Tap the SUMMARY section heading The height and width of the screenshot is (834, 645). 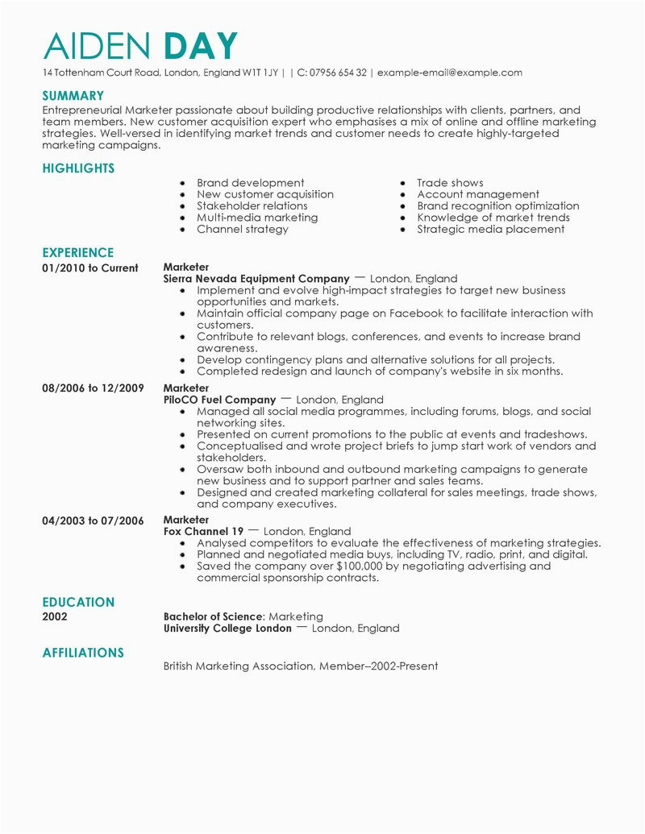pyautogui.click(x=73, y=95)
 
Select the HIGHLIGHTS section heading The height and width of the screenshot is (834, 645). pyautogui.click(x=78, y=168)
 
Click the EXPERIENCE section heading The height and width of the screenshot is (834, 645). pyautogui.click(x=78, y=252)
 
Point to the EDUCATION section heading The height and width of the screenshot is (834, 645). pyautogui.click(x=78, y=602)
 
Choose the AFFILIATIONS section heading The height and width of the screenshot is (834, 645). pyautogui.click(x=83, y=653)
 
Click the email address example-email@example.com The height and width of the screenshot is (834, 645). pyautogui.click(x=449, y=73)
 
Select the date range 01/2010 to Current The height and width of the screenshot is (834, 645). pyautogui.click(x=90, y=268)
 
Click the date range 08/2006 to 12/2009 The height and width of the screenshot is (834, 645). pyautogui.click(x=93, y=388)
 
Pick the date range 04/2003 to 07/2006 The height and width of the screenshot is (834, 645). pyautogui.click(x=93, y=520)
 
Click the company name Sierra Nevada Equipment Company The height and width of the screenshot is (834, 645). pyautogui.click(x=256, y=279)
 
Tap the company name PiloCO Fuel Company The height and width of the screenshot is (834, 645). pyautogui.click(x=220, y=400)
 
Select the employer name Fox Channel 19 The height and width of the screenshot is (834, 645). pyautogui.click(x=203, y=532)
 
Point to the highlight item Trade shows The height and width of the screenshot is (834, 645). pyautogui.click(x=450, y=183)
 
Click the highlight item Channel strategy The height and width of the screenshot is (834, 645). pyautogui.click(x=242, y=229)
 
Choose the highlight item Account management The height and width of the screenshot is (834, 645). pyautogui.click(x=478, y=194)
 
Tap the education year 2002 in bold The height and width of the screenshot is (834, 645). pyautogui.click(x=55, y=616)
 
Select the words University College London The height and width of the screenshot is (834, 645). pyautogui.click(x=227, y=628)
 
